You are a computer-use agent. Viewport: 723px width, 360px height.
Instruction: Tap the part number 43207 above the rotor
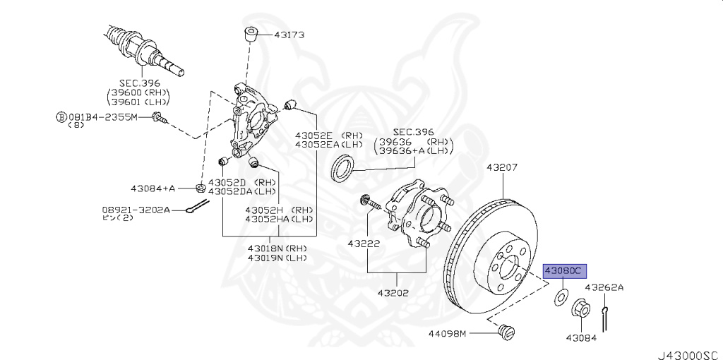click(503, 168)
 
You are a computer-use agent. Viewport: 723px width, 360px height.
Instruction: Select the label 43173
click(289, 34)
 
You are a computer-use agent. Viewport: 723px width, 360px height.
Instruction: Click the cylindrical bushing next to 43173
click(251, 34)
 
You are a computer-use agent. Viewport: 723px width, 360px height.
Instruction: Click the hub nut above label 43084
click(579, 308)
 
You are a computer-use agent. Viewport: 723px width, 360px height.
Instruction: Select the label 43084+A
click(153, 188)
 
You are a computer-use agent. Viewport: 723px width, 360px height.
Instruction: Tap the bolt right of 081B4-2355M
click(159, 118)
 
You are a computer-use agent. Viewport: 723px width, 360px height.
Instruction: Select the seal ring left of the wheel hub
click(343, 168)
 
